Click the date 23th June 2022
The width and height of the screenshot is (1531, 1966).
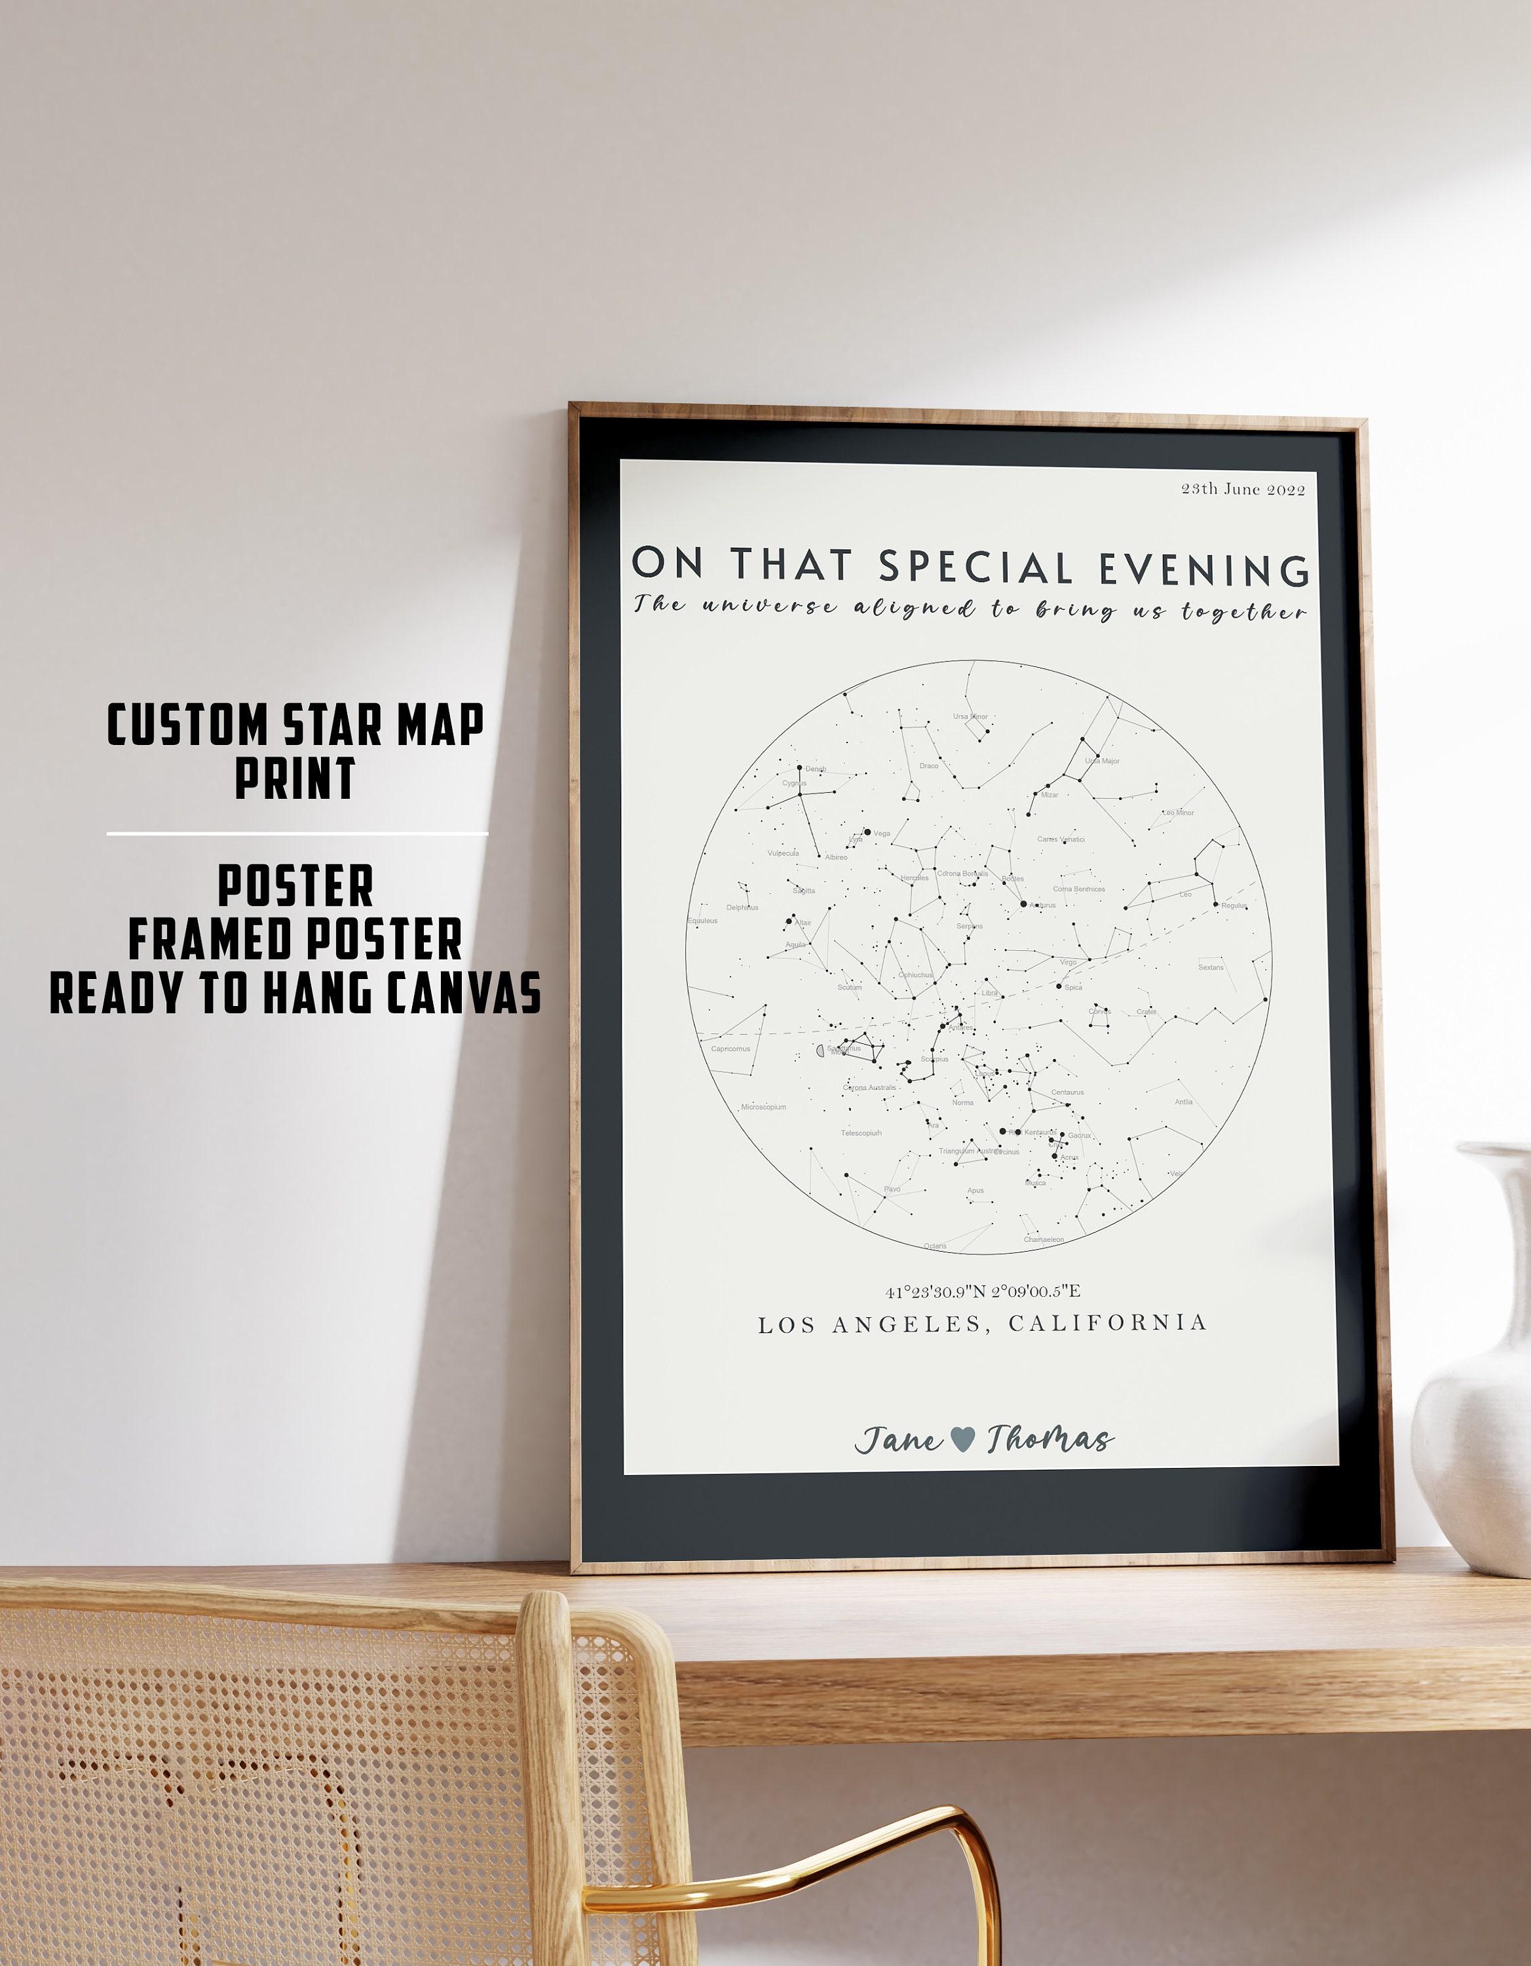1242,489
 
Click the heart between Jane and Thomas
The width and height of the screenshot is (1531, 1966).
962,1438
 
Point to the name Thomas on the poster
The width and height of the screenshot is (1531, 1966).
1049,1439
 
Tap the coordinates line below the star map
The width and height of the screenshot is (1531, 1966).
982,1292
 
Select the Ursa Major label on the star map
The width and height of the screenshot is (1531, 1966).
1102,761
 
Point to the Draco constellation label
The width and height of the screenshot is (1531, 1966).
929,766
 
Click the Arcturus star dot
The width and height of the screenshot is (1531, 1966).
1023,903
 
